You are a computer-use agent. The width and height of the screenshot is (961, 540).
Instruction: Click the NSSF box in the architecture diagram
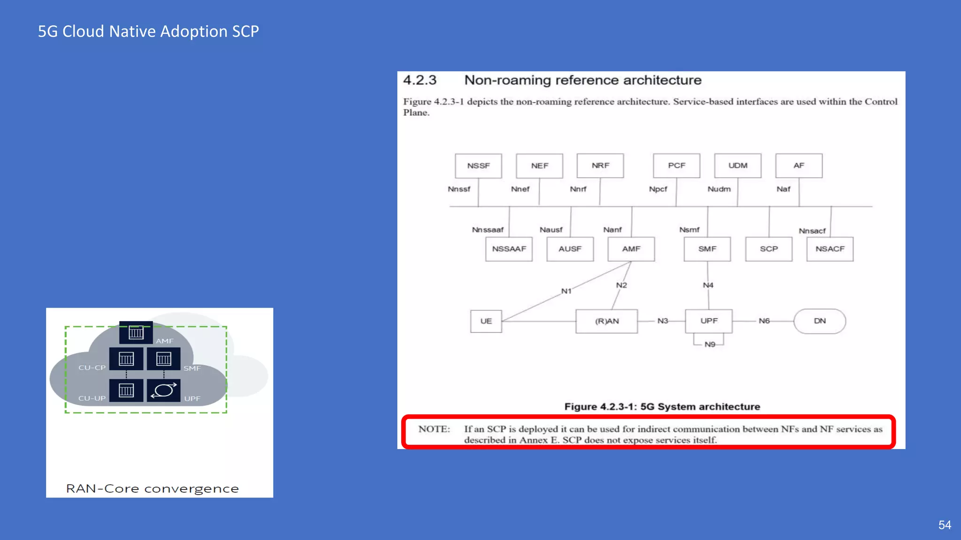coord(478,166)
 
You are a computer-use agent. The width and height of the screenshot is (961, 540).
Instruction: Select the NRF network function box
coord(600,166)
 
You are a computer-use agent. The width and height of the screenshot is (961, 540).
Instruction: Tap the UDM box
coord(738,166)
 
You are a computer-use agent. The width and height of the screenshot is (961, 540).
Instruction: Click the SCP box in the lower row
coord(769,249)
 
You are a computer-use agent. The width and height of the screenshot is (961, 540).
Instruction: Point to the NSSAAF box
coord(509,249)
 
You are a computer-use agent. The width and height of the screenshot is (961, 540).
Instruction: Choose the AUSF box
coord(570,249)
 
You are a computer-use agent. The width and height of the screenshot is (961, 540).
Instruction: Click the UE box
coord(486,321)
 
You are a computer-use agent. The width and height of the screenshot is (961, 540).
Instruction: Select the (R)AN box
coord(607,321)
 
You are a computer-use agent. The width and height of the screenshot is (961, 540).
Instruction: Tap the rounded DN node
coord(820,321)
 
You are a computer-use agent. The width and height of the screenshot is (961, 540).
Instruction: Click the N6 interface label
coord(764,321)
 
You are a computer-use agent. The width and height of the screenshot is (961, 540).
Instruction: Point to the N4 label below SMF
coord(708,285)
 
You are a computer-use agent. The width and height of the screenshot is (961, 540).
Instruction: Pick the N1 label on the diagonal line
coord(566,291)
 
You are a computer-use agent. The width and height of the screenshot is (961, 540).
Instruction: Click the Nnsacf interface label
coord(812,231)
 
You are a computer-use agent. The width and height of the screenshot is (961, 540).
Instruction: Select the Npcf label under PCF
coord(658,189)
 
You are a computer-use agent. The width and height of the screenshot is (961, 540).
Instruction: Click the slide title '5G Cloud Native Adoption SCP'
coord(148,31)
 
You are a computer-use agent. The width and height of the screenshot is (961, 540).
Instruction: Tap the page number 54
coord(945,525)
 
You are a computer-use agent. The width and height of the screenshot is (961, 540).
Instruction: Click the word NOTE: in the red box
coord(434,429)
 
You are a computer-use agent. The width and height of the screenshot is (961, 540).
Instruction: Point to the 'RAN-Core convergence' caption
coord(153,488)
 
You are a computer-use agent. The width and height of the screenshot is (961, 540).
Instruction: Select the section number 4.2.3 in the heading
coord(419,80)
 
